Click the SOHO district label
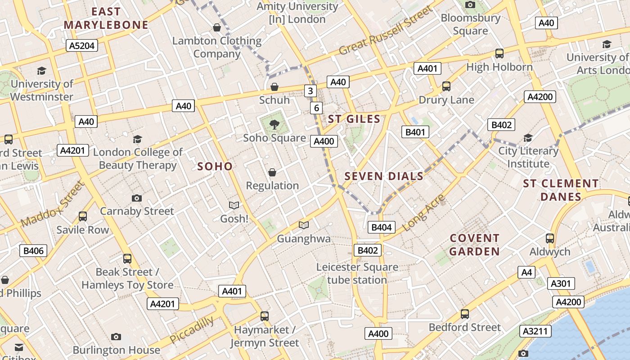point(215,166)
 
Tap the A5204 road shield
point(81,45)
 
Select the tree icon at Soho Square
point(274,125)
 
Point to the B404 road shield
point(381,227)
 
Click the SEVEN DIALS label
point(384,176)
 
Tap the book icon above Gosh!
point(234,205)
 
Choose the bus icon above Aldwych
point(549,238)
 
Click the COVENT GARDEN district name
point(474,245)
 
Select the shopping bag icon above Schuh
point(274,86)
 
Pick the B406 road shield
point(33,251)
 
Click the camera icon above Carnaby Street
point(136,198)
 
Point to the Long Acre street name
point(423,213)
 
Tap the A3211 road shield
point(535,331)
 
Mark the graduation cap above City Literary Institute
point(528,137)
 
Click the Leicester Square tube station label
point(357,274)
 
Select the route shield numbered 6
point(316,108)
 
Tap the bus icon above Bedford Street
point(464,314)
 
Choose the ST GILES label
point(354,119)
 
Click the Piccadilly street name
point(192,330)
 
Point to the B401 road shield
point(415,132)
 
